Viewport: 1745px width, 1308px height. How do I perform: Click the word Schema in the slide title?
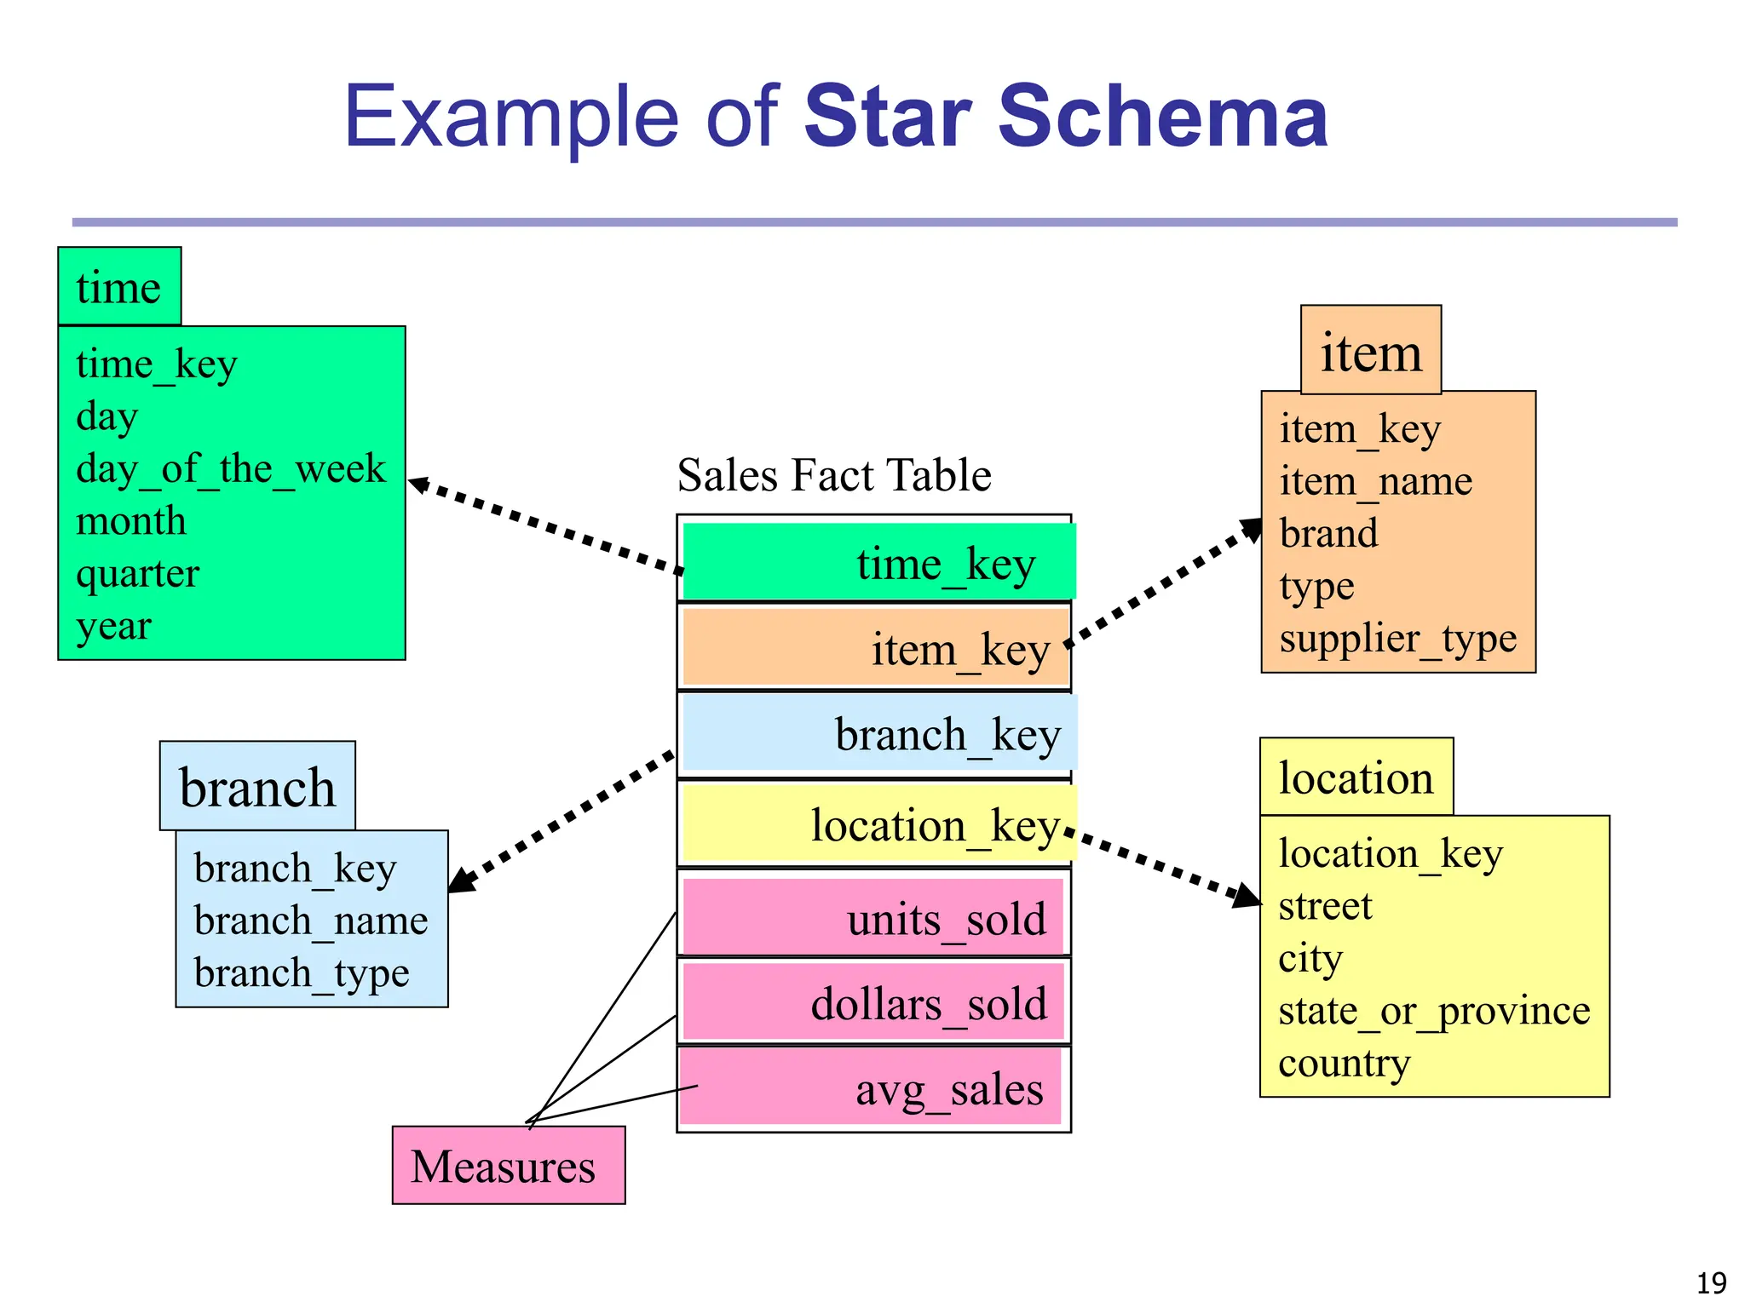pyautogui.click(x=1163, y=117)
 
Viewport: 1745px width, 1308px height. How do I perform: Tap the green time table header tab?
pyautogui.click(x=119, y=287)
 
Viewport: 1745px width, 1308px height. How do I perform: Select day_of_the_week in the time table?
pyautogui.click(x=231, y=469)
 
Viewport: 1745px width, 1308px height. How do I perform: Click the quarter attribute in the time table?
pyautogui.click(x=137, y=574)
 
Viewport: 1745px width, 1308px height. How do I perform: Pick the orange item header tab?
pyautogui.click(x=1370, y=351)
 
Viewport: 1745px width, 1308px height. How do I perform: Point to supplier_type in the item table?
pyautogui.click(x=1397, y=639)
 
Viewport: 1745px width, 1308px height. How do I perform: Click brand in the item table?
pyautogui.click(x=1328, y=534)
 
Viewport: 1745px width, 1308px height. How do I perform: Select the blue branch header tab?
pyautogui.click(x=257, y=786)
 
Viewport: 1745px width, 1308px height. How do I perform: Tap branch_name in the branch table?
pyautogui.click(x=311, y=921)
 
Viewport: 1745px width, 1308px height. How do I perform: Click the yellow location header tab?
pyautogui.click(x=1356, y=777)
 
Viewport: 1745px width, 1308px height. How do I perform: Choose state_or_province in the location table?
pyautogui.click(x=1434, y=1011)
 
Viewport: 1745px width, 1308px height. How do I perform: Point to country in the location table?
pyautogui.click(x=1344, y=1064)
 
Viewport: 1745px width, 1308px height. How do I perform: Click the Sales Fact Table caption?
pyautogui.click(x=834, y=475)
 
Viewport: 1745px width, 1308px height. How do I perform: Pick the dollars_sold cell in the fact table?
pyautogui.click(x=873, y=1002)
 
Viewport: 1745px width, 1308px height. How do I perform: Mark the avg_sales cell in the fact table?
pyautogui.click(x=871, y=1087)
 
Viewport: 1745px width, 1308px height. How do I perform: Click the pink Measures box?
pyautogui.click(x=509, y=1165)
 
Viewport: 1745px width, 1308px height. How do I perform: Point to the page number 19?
pyautogui.click(x=1711, y=1282)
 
